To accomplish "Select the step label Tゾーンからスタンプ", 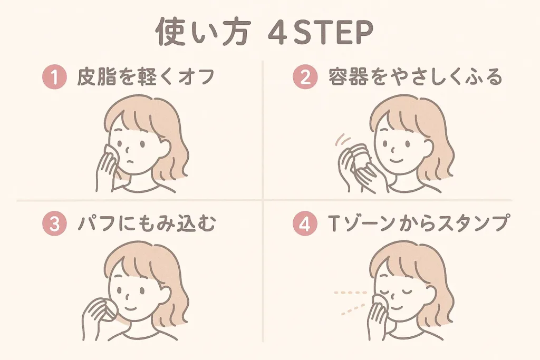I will pos(417,224).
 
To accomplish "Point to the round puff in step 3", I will pos(102,310).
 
